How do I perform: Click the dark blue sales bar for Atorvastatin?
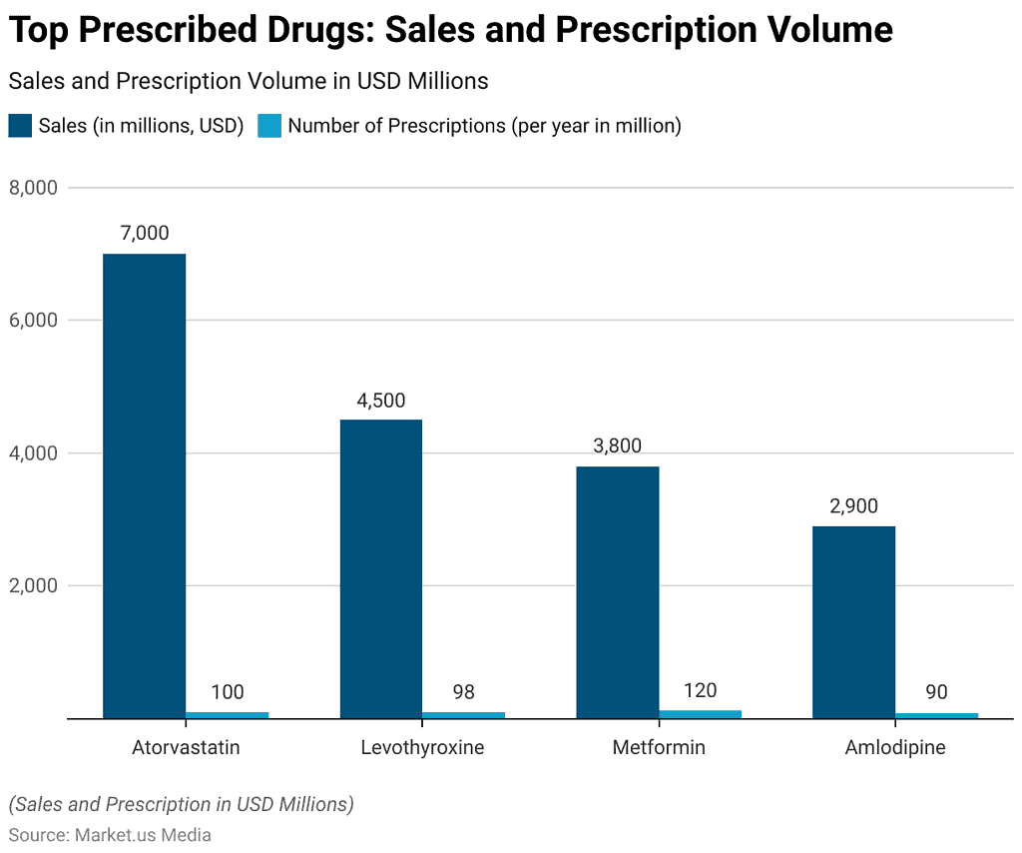pos(144,485)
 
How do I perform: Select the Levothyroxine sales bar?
pos(380,568)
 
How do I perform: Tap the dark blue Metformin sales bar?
pos(617,591)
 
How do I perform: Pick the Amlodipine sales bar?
pos(853,621)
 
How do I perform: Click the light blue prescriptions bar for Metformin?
pos(700,713)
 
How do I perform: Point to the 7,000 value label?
pos(144,234)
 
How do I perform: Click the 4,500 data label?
pos(380,401)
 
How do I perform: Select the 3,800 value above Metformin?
pos(617,446)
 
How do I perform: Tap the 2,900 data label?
pos(853,506)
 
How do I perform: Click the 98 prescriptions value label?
pos(464,692)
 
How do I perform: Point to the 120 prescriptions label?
pos(700,690)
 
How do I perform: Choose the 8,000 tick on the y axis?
pos(34,188)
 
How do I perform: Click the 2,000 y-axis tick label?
pos(34,586)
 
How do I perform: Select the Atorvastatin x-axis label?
pos(186,747)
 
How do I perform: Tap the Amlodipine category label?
pos(895,747)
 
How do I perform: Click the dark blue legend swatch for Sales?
pos(20,126)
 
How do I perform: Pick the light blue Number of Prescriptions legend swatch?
pos(269,126)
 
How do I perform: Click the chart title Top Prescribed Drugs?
pos(450,31)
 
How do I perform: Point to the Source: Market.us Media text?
pos(110,834)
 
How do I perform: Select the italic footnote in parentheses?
pos(181,804)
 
